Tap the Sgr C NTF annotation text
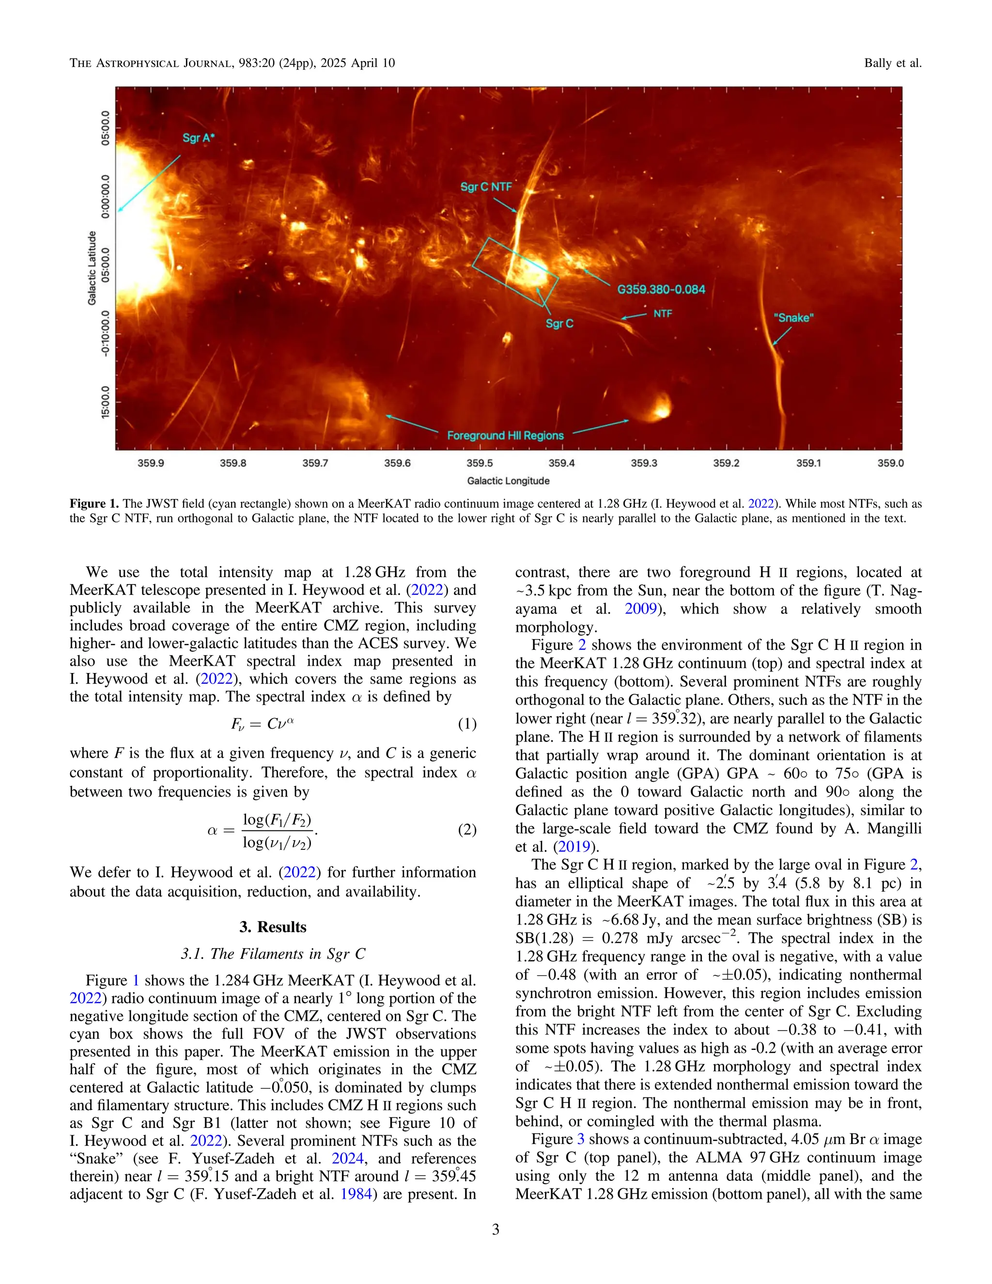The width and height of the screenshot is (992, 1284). tap(485, 187)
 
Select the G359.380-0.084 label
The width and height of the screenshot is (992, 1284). tap(661, 289)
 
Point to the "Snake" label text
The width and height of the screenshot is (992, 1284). tap(793, 318)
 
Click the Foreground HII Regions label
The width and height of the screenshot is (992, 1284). tap(505, 436)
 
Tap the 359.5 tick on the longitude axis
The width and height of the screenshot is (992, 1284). tap(480, 463)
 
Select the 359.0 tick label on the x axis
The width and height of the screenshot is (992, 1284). tap(890, 463)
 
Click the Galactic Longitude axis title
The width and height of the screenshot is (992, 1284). tap(508, 481)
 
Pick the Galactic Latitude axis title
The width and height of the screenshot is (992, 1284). tap(92, 267)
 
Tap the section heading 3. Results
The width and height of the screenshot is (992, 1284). tap(273, 927)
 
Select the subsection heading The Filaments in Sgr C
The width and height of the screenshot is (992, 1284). tap(273, 954)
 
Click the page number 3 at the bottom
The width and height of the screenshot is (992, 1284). tap(496, 1229)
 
